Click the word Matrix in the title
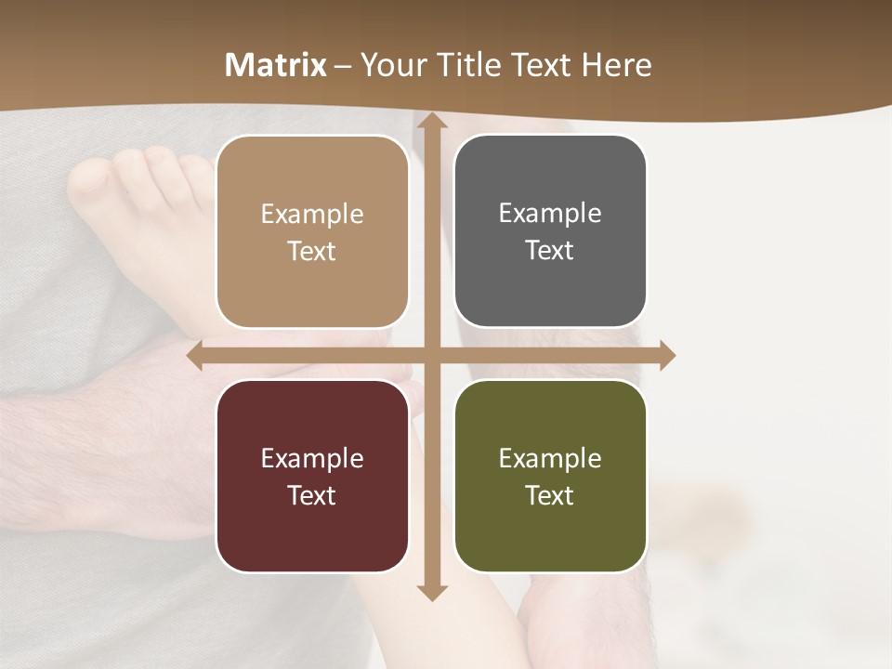[276, 65]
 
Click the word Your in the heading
[390, 65]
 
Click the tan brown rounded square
[312, 231]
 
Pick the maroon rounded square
[312, 476]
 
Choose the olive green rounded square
[550, 476]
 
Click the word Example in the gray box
[550, 213]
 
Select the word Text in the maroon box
[312, 495]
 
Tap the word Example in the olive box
[550, 458]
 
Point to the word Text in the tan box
[312, 251]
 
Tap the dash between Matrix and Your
[343, 66]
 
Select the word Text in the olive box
[550, 495]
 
